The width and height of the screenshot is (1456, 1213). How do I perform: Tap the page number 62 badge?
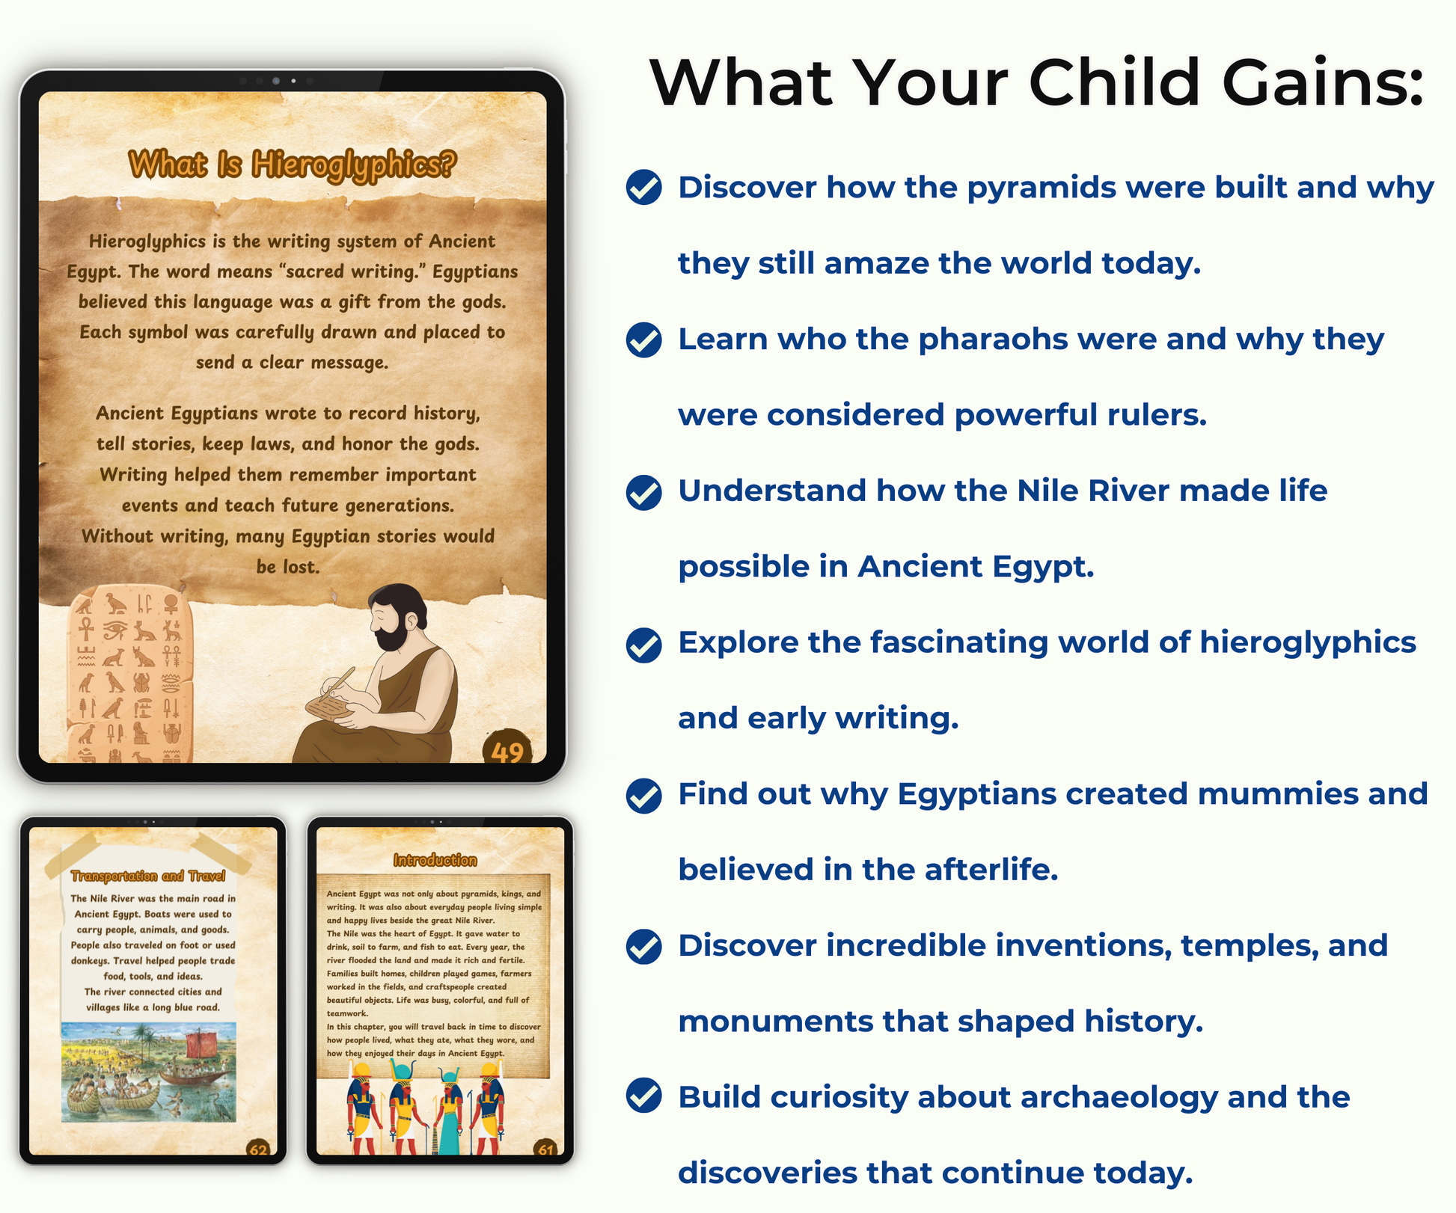point(258,1148)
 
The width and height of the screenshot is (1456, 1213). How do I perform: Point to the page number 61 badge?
point(545,1148)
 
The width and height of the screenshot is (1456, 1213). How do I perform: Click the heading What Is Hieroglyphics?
point(292,165)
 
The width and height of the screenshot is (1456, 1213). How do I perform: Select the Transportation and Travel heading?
point(148,876)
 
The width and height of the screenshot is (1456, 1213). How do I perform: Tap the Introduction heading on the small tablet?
point(435,860)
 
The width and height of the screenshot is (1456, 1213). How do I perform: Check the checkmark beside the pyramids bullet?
point(643,187)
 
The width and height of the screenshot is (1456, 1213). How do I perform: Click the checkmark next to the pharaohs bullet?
point(643,340)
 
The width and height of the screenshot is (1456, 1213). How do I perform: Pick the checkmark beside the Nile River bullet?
point(643,492)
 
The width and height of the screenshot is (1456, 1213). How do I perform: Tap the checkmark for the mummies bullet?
point(643,796)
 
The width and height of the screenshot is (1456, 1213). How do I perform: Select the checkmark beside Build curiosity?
point(643,1096)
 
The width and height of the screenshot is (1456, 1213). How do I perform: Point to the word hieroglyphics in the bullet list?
point(1308,643)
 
